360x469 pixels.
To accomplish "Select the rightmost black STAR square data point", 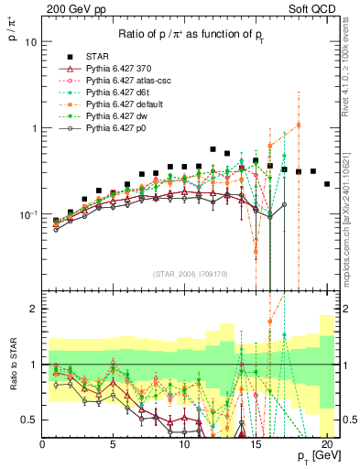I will pyautogui.click(x=327, y=184).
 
